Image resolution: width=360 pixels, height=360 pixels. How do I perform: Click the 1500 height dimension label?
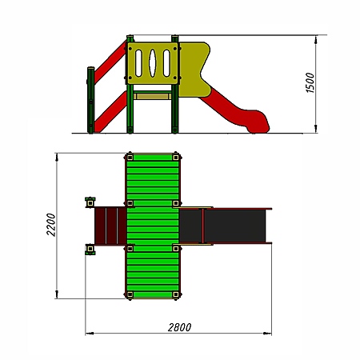[310, 82]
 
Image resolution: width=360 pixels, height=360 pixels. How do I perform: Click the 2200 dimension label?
[51, 225]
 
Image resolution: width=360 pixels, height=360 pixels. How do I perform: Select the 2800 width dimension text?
[179, 327]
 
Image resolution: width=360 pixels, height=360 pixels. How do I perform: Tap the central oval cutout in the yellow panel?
[152, 63]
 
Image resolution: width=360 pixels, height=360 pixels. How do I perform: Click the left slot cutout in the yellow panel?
[138, 63]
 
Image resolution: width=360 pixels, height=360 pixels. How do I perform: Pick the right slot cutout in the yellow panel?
[166, 63]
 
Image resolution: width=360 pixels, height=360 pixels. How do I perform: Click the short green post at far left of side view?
[90, 100]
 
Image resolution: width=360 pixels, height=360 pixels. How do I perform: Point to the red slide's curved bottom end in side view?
[258, 122]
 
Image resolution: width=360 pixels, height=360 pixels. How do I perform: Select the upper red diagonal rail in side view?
[110, 62]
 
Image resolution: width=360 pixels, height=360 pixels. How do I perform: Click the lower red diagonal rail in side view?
[110, 112]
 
